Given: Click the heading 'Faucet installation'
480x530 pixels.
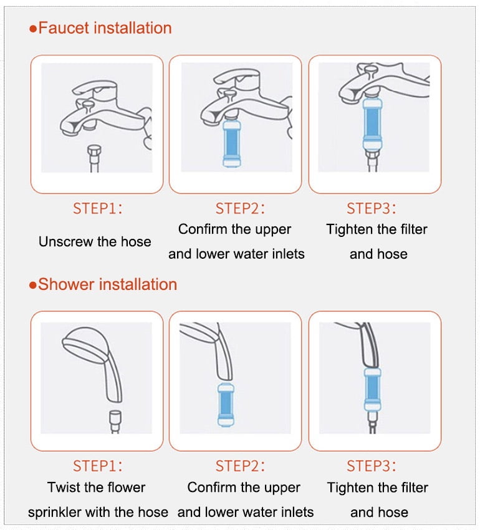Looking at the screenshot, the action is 105,27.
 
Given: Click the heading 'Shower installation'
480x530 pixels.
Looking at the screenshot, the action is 107,284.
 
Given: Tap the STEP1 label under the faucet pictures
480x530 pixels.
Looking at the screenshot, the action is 98,208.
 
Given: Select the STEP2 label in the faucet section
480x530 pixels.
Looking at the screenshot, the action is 240,208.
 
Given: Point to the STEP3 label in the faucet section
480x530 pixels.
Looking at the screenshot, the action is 371,208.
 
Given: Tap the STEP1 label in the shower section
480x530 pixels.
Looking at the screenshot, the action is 98,466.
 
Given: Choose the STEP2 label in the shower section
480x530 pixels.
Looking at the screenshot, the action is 240,466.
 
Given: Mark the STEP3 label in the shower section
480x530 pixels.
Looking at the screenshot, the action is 371,466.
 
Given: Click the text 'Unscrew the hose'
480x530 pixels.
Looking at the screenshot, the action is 95,242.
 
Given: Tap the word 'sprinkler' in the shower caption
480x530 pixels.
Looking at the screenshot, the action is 54,513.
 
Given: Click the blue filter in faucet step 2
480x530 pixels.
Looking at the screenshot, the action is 232,143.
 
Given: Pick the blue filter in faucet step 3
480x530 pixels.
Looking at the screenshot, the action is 373,124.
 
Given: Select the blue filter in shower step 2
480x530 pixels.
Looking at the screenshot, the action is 226,404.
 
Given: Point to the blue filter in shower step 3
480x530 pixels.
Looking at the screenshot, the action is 373,389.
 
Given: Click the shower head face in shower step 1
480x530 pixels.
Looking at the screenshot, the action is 85,345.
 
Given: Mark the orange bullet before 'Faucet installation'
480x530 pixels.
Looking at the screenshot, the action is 33,29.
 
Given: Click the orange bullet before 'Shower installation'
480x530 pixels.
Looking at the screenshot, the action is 33,286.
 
